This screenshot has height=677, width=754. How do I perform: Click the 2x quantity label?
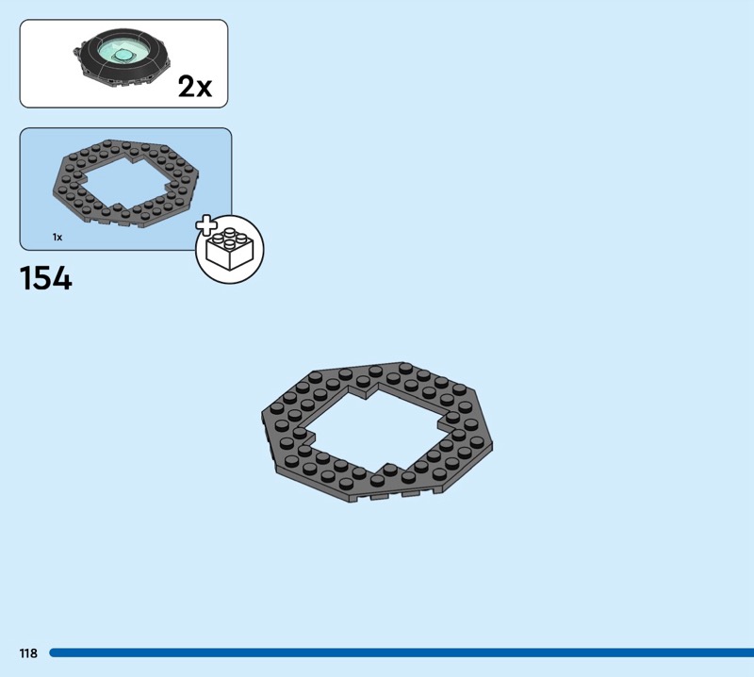click(x=195, y=87)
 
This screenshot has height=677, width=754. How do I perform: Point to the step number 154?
click(x=45, y=279)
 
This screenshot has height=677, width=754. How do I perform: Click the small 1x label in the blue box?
click(x=57, y=237)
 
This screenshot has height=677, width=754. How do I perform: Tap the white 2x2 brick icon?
click(x=230, y=251)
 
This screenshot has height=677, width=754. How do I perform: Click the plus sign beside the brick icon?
click(x=205, y=226)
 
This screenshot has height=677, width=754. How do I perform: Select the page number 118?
click(x=27, y=652)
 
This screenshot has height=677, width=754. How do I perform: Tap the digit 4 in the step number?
click(x=60, y=279)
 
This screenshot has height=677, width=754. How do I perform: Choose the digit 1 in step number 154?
click(x=25, y=279)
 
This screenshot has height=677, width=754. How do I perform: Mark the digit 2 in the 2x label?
click(x=187, y=87)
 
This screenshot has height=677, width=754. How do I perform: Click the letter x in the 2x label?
click(x=205, y=89)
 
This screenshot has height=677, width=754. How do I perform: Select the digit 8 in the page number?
click(x=34, y=652)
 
